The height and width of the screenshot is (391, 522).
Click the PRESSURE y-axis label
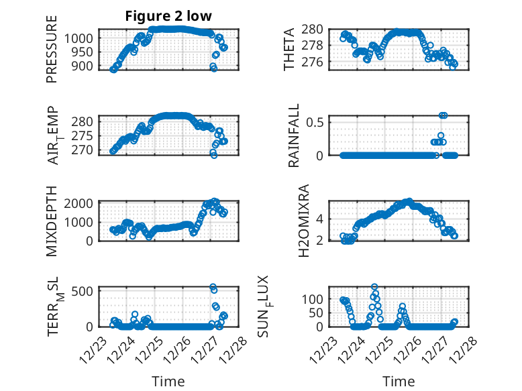[52, 49]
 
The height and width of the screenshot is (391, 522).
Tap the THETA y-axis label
[289, 49]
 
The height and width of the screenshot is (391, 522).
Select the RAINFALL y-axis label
[294, 135]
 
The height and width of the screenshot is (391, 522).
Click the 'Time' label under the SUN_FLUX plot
[399, 381]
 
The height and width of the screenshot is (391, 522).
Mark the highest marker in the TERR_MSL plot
[213, 287]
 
